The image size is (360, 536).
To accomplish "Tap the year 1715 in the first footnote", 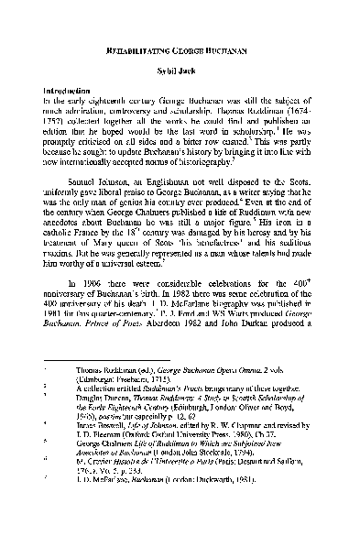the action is pyautogui.click(x=177, y=438).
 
